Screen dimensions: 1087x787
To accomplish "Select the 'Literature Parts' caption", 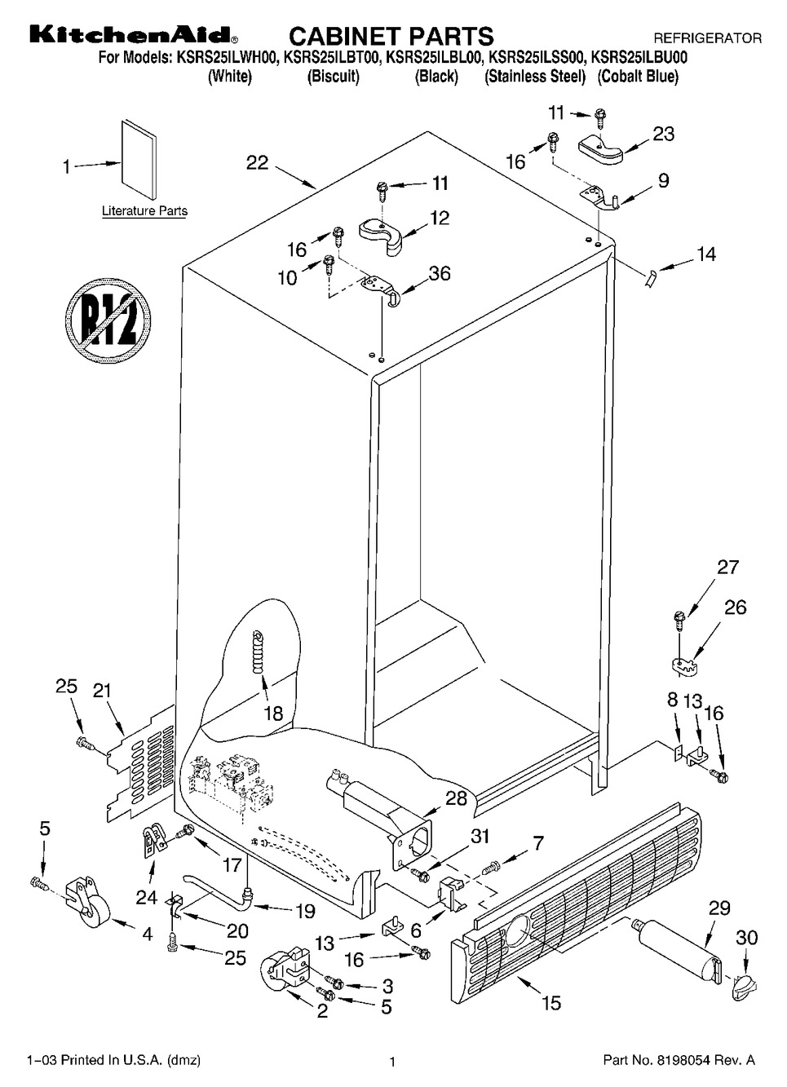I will click(144, 211).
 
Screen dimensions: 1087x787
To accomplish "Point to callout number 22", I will click(257, 163).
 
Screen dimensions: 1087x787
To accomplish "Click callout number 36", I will click(440, 274).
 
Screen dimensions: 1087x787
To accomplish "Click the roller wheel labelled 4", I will click(86, 899).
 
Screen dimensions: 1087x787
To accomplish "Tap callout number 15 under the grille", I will click(551, 1002).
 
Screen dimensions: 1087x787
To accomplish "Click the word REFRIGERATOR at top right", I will click(707, 38).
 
